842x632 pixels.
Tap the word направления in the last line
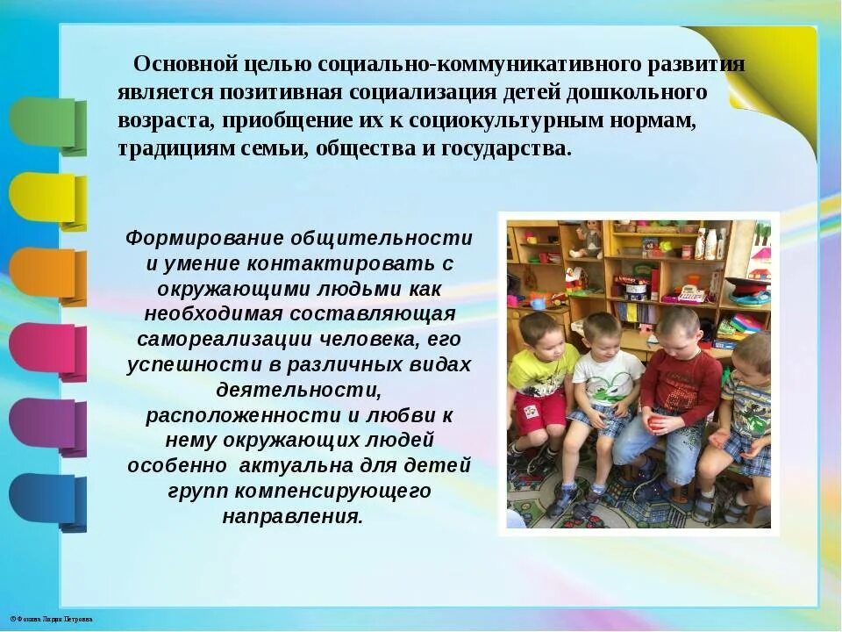click(x=292, y=516)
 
